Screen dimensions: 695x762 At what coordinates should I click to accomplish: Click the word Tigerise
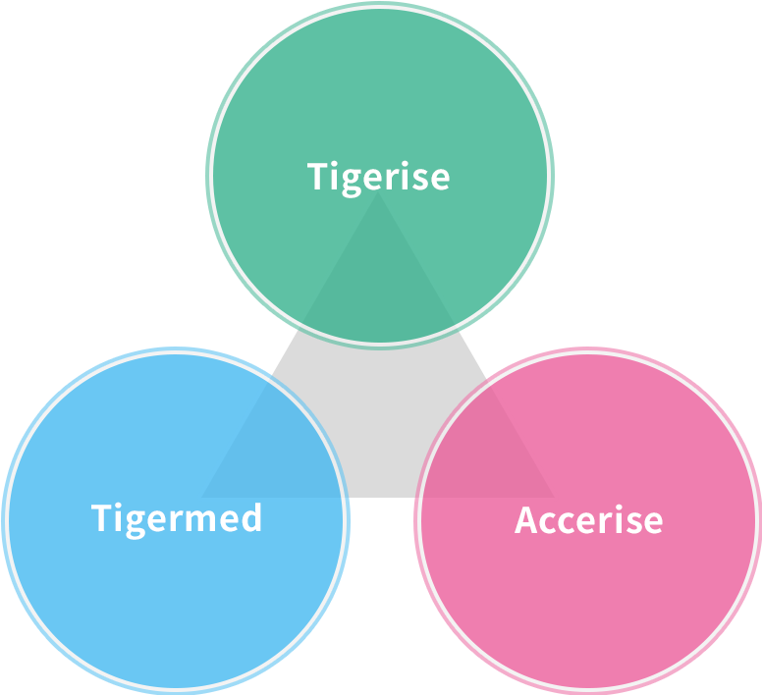coord(379,178)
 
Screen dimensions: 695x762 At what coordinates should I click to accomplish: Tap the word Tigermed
coord(177,517)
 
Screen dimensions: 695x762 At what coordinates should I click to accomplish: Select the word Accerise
coord(588,520)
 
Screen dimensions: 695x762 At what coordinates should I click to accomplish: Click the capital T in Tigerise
coord(317,178)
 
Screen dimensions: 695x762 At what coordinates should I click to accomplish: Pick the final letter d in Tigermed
coord(252,517)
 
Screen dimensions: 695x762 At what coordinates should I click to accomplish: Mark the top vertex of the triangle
coord(379,191)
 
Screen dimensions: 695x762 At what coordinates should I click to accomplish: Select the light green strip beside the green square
coord(209,177)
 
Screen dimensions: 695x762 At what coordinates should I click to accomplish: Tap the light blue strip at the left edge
coord(7,520)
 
